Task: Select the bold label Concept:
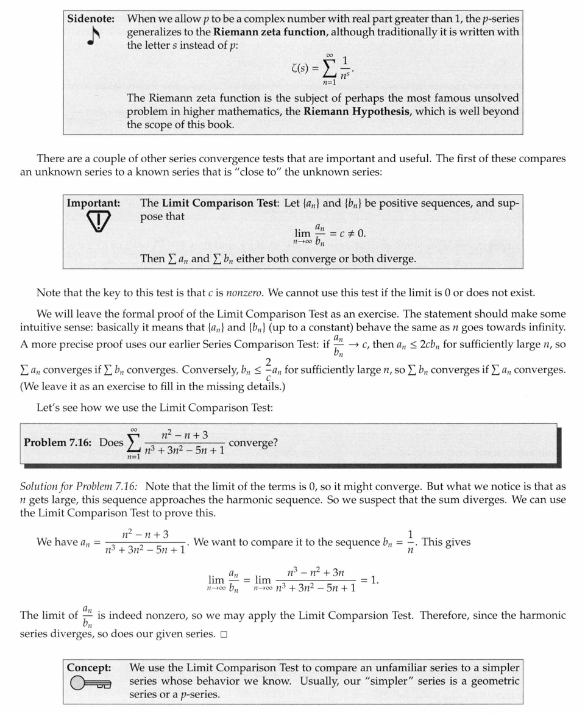(89, 668)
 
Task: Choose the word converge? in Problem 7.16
(253, 442)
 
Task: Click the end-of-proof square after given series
(224, 634)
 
